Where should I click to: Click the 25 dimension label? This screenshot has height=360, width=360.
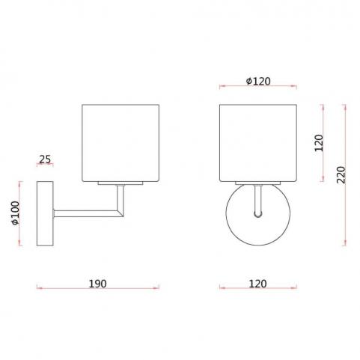45,159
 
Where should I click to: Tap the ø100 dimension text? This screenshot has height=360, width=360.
16,213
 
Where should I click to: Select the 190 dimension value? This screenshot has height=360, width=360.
97,284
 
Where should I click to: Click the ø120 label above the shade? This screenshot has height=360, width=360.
258,82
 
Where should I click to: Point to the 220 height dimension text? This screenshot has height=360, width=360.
341,174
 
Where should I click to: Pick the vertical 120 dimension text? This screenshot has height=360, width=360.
319,143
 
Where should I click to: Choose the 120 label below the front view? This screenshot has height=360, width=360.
257,284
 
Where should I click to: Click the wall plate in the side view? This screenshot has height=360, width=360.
45,213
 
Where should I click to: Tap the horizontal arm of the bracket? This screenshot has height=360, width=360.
88,213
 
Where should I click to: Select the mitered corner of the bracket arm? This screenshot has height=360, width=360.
120,213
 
